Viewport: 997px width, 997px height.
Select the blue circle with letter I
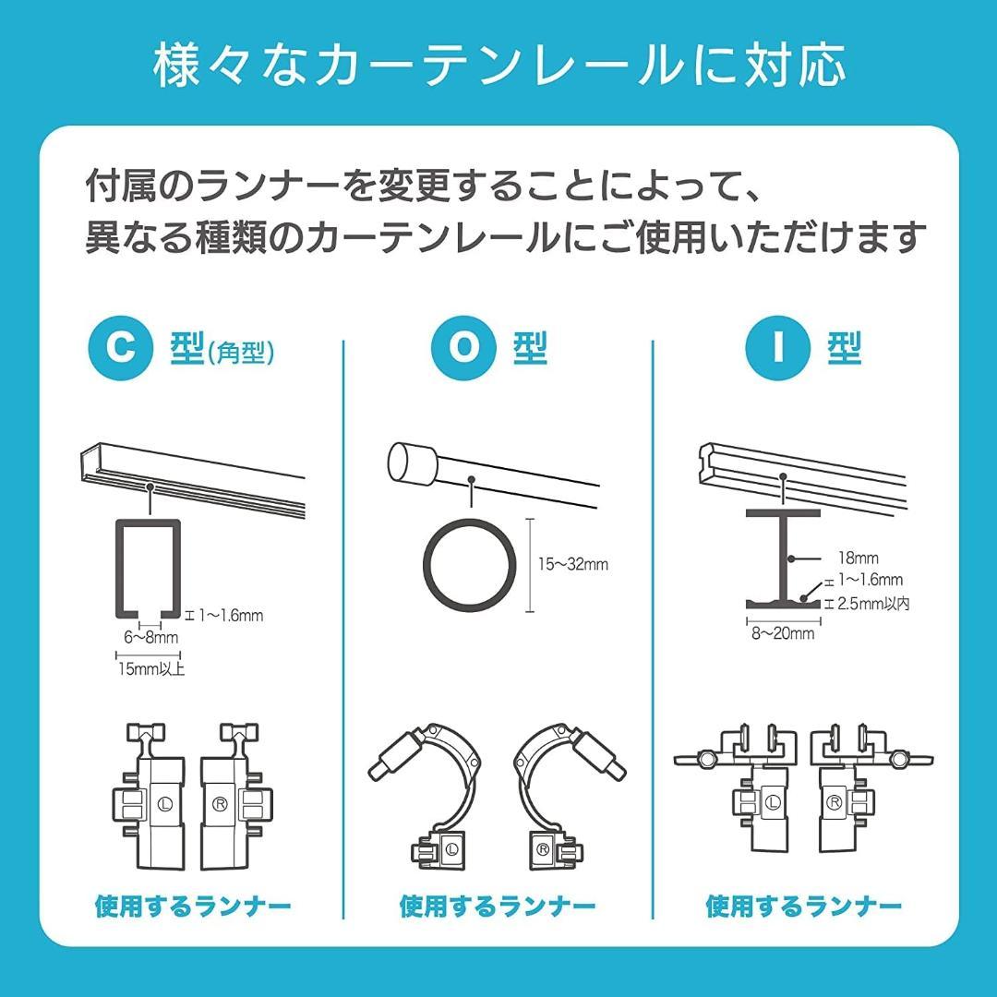777,348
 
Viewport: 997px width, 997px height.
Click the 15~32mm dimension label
572,564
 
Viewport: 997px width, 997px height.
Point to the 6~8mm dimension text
151,638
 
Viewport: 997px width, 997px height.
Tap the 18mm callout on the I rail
858,558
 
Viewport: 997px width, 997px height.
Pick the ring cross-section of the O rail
470,565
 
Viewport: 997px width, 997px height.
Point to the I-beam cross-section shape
782,557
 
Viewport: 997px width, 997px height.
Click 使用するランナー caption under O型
498,907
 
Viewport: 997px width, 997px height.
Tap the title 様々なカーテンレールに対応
498,66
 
